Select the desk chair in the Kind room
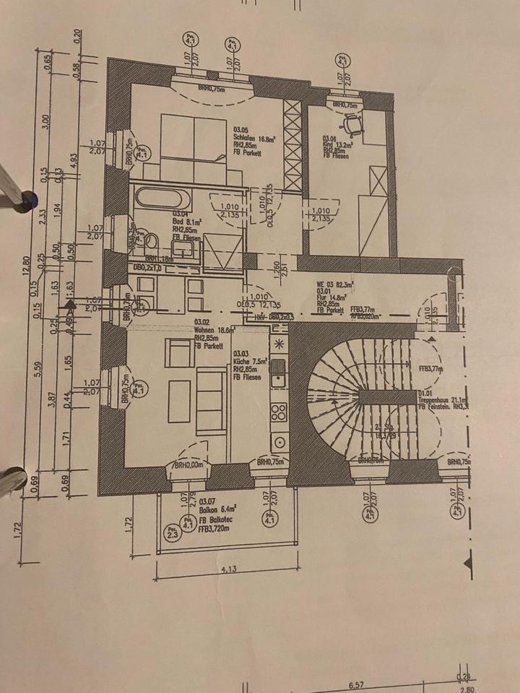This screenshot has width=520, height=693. [x=352, y=126]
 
